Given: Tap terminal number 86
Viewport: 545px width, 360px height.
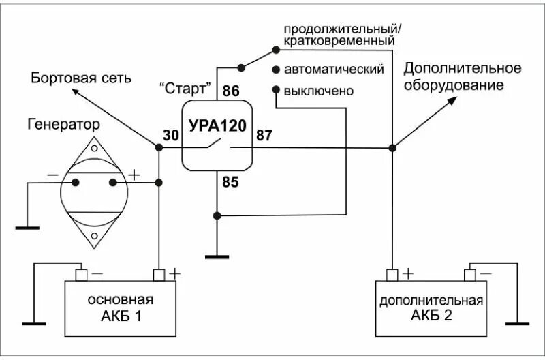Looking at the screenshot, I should coord(231,91).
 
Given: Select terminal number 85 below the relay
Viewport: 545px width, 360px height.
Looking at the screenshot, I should coord(231,181).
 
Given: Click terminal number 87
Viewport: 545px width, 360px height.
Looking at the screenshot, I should coord(264,135).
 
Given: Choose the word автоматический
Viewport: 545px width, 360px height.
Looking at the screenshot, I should coord(334,70).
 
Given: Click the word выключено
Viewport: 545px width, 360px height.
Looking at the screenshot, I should coord(320,90).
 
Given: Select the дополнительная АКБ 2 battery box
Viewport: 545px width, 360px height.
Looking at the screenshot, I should coord(431,308).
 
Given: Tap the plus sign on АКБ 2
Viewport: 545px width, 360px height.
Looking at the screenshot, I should coord(407,273).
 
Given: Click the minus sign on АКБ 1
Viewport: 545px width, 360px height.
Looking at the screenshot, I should coord(97,273).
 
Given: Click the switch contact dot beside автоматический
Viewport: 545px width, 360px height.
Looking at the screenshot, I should coord(276,70).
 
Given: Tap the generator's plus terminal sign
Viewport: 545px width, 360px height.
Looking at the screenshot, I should coord(134,175).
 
